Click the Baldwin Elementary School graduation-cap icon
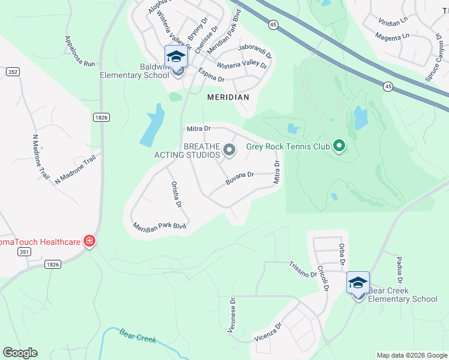coord(176,57)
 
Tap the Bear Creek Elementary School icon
coord(358,283)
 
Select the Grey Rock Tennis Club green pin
coord(339,146)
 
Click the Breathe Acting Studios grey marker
coord(229,149)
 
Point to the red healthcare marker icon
coord(89,241)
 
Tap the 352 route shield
coord(12,71)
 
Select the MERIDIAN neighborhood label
coord(228,97)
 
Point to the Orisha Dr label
coord(176,194)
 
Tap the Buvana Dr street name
coord(240,178)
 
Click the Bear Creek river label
coord(137,335)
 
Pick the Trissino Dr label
coord(303,269)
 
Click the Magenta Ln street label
coord(393,36)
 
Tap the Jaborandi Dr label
coord(255,50)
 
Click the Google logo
coord(20,353)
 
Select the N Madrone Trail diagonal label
coord(75,170)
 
